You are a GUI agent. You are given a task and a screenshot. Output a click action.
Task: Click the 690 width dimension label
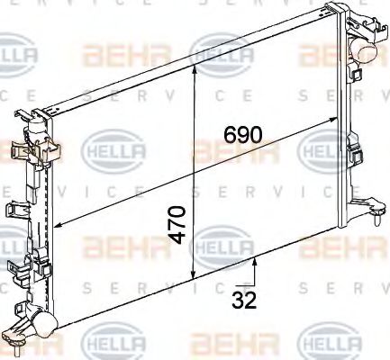coord(242,135)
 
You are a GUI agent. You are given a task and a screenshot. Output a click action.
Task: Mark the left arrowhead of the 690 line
coord(56,225)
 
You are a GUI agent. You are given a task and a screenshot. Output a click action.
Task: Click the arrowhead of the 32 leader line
coord(257,261)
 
